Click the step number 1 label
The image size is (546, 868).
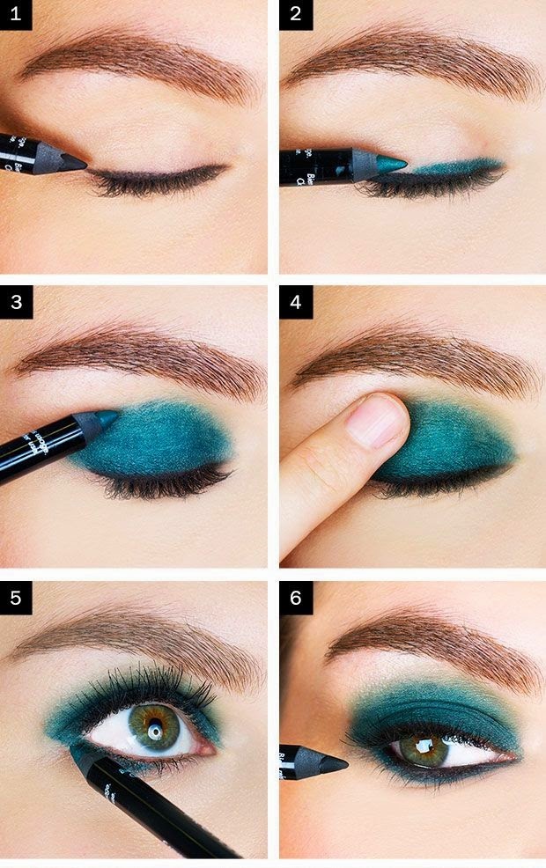pos(16,15)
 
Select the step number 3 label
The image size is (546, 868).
pos(16,302)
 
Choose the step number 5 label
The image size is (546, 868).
pos(16,600)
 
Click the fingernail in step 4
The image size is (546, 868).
pos(377,422)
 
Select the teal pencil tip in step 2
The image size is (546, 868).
pos(393,165)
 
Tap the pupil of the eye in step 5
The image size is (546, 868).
pos(156,731)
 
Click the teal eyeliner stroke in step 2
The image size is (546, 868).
pos(458,166)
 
